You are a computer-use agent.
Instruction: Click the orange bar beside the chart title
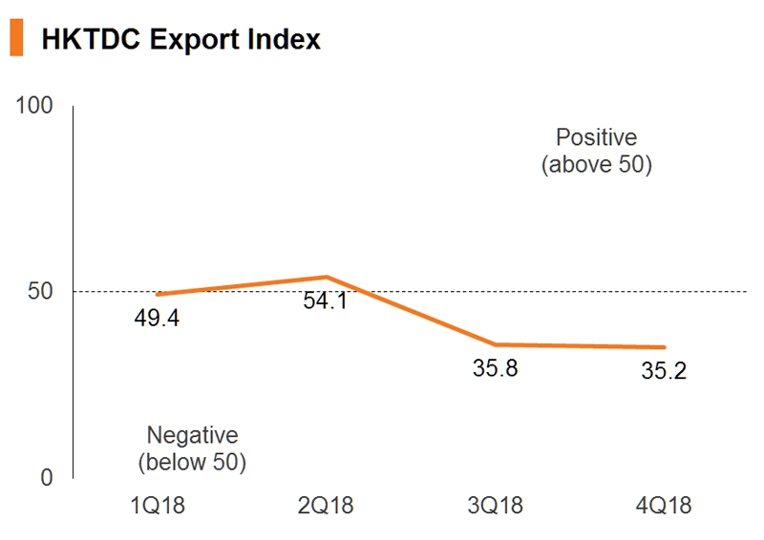(16, 38)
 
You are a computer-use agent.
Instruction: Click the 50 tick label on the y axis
(41, 291)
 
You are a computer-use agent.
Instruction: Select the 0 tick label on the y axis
(47, 477)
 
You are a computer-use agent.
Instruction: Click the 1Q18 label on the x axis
(157, 505)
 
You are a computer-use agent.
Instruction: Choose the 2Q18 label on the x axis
(327, 505)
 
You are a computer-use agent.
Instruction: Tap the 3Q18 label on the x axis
(496, 505)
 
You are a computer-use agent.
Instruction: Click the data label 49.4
(157, 318)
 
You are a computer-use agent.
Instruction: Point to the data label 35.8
(496, 367)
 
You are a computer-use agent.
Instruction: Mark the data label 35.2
(663, 370)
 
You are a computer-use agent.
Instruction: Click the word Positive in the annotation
(596, 137)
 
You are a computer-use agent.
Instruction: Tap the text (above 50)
(596, 164)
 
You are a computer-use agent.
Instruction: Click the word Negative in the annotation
(192, 435)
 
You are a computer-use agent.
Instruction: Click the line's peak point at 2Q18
(327, 277)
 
